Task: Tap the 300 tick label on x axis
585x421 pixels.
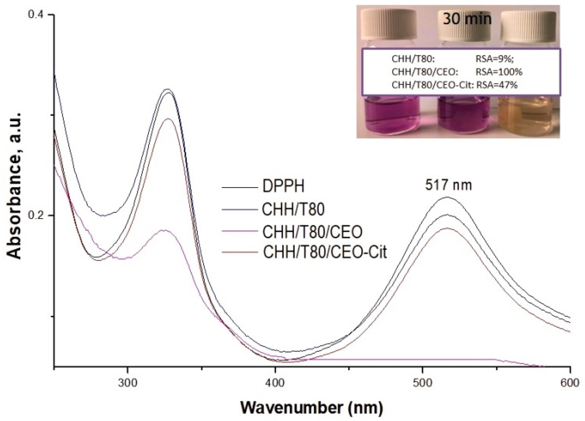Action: [127, 384]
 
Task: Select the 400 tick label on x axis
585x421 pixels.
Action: [275, 384]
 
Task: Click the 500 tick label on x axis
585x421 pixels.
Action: [423, 384]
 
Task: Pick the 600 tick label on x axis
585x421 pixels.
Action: [570, 384]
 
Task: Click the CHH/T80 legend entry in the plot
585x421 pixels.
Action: [293, 210]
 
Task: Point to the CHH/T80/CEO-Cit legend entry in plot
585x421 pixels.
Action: [325, 252]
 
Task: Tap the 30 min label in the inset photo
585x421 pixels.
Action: [467, 19]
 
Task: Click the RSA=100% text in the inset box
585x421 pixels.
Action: [499, 72]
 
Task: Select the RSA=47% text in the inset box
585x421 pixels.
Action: [497, 85]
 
